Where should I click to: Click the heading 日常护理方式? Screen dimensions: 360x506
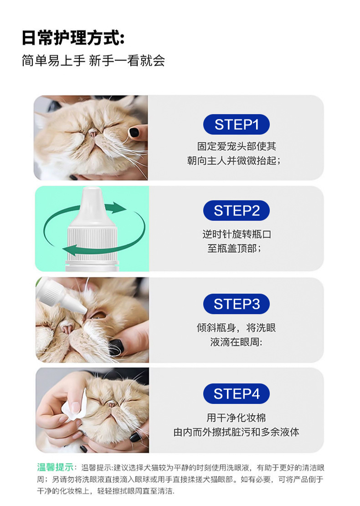click(x=69, y=37)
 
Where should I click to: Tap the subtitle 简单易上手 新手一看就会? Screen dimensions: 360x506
click(x=93, y=60)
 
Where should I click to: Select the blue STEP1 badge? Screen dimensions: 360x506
click(x=237, y=124)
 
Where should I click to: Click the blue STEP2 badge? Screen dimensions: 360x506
click(x=237, y=211)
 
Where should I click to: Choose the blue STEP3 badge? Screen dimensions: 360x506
click(x=237, y=304)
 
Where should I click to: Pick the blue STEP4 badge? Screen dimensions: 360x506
click(x=237, y=394)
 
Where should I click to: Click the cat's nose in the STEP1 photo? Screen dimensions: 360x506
click(x=93, y=133)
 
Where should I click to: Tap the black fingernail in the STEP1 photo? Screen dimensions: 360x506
click(x=134, y=132)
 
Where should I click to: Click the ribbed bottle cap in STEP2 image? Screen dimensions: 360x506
click(x=93, y=241)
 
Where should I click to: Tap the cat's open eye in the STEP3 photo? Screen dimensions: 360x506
click(x=98, y=315)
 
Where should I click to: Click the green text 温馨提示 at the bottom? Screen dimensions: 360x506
click(x=55, y=467)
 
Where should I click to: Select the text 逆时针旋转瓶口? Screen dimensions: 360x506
click(x=237, y=234)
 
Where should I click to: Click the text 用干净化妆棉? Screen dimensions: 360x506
click(x=237, y=418)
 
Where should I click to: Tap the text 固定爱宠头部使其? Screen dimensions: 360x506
click(x=237, y=146)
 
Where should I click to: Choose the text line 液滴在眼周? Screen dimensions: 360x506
click(x=237, y=342)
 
